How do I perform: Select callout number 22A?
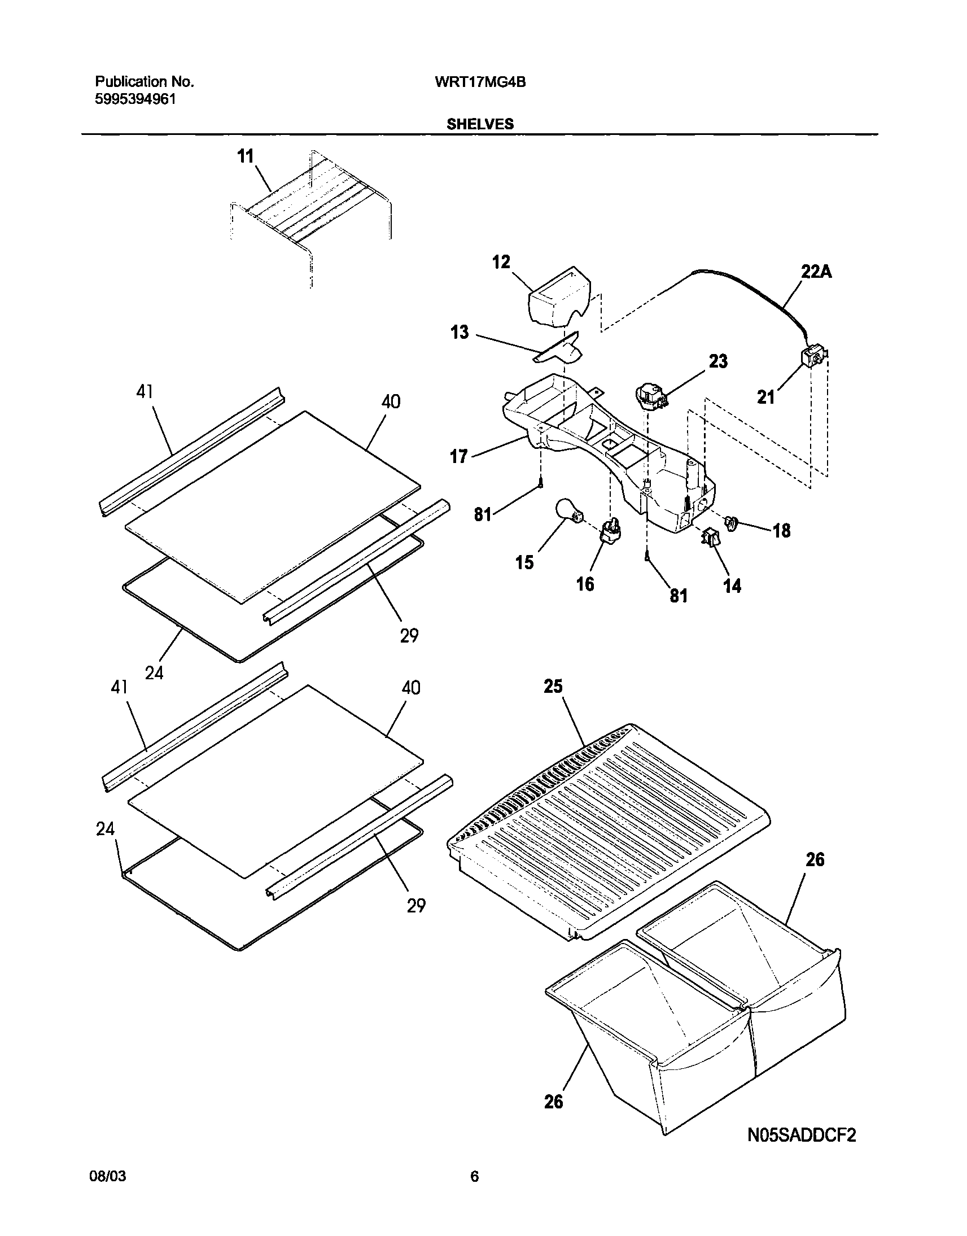(816, 272)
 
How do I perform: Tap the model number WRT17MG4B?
(480, 82)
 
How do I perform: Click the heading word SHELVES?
(480, 124)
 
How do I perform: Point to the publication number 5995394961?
(135, 99)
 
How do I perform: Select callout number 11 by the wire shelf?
(245, 156)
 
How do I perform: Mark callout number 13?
(460, 332)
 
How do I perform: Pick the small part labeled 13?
(559, 352)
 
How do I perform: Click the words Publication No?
(145, 82)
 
